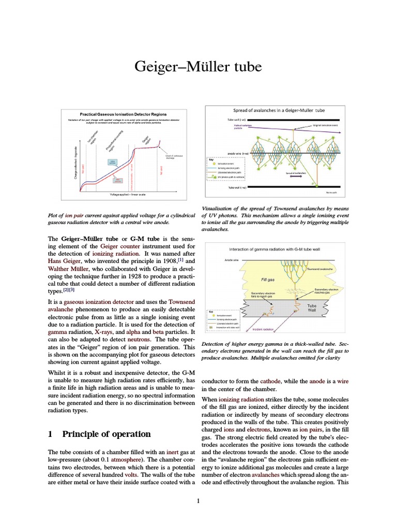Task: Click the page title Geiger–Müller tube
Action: point(198,67)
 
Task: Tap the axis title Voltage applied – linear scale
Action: point(128,194)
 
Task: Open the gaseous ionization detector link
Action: point(100,301)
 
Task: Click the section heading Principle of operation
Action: point(106,434)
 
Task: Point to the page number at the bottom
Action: point(198,500)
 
